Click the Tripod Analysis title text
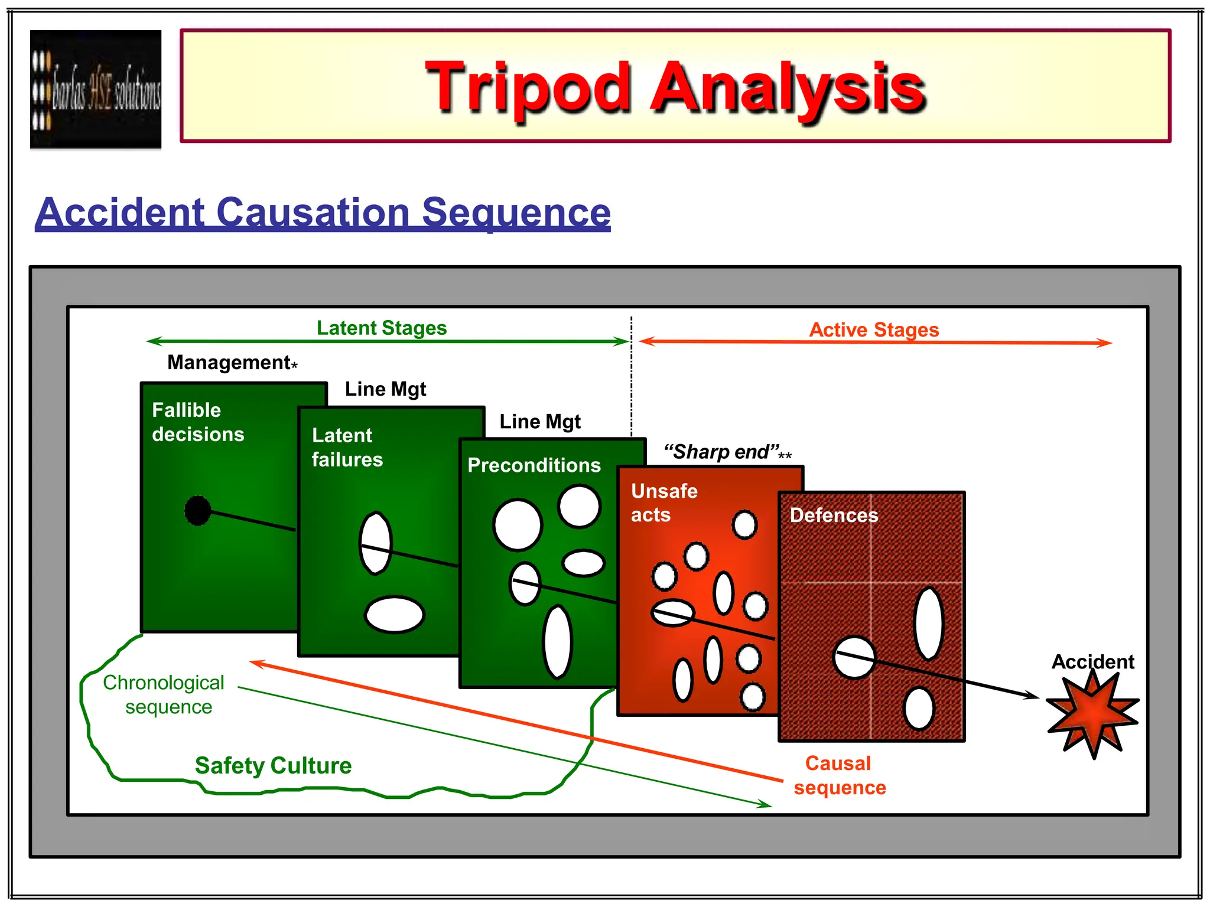point(675,87)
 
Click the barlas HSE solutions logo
point(96,89)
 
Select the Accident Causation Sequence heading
point(323,212)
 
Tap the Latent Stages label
point(382,328)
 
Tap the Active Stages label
point(874,329)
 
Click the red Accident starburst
point(1092,714)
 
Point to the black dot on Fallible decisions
point(197,510)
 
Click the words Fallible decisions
point(197,422)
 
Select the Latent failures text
point(347,448)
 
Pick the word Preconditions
point(534,465)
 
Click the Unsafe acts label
point(663,503)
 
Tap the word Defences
point(834,516)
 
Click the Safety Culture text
point(273,766)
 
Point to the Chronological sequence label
point(164,694)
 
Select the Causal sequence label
point(839,775)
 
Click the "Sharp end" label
point(727,452)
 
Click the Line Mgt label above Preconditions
point(540,422)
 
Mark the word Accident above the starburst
point(1092,661)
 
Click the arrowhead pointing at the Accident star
point(1032,696)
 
